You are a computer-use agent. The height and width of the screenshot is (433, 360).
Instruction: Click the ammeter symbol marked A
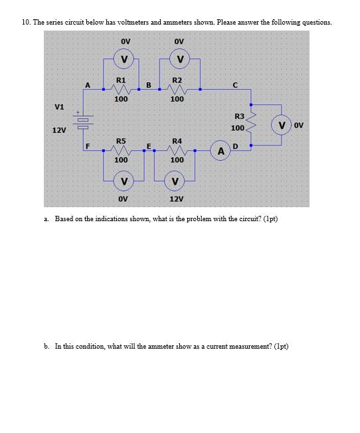[x=221, y=151]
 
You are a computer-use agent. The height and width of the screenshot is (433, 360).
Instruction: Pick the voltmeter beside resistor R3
[x=282, y=126]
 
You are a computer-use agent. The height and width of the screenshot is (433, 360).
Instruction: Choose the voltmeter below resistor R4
[x=175, y=181]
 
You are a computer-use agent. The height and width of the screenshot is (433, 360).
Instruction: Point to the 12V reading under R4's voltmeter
[x=176, y=199]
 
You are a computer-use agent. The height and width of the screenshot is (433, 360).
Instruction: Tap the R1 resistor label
[x=121, y=80]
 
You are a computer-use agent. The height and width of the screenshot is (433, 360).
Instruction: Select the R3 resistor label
[x=239, y=116]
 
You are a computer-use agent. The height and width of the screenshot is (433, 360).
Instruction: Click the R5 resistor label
[x=121, y=141]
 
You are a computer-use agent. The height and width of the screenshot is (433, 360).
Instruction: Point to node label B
[x=148, y=84]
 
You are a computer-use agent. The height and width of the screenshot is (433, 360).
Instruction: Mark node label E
[x=148, y=145]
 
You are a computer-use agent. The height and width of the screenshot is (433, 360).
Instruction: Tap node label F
[x=88, y=145]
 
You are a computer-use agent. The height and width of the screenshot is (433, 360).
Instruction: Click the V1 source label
[x=60, y=106]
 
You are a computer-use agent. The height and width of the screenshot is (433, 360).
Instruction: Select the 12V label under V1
[x=59, y=130]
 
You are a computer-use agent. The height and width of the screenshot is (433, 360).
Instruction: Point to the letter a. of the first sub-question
[x=46, y=218]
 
